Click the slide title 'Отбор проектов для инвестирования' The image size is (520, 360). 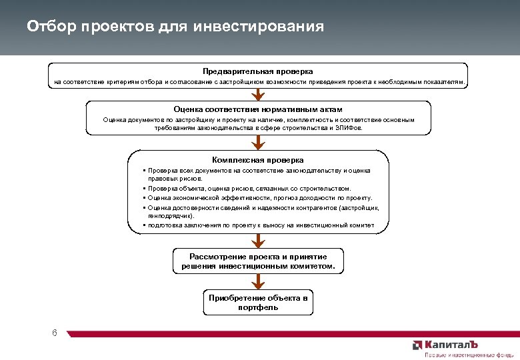pyautogui.click(x=175, y=27)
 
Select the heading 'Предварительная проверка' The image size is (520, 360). pyautogui.click(x=258, y=71)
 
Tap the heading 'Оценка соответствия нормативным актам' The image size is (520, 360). pyautogui.click(x=258, y=109)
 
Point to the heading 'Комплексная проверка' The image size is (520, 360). pyautogui.click(x=258, y=160)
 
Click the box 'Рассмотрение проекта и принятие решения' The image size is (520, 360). pyautogui.click(x=258, y=261)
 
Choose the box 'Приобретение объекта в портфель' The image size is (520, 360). pyautogui.click(x=258, y=303)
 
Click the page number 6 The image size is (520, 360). pyautogui.click(x=54, y=333)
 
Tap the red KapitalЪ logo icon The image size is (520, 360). pyautogui.click(x=417, y=345)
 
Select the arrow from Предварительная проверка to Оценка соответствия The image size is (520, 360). pyautogui.click(x=258, y=94)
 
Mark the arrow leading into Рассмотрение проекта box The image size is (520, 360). pyautogui.click(x=258, y=241)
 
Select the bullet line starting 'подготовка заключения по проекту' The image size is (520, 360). pyautogui.click(x=261, y=225)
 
